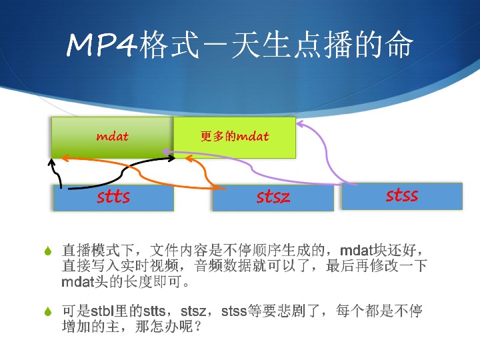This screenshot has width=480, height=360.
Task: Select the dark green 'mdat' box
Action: coord(113,137)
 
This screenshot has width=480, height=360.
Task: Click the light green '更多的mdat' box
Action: coord(235,137)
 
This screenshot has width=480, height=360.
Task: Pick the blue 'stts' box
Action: coord(113,198)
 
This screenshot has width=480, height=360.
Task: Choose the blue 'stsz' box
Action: coord(273,198)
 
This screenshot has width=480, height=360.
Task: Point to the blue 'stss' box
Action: coord(402,196)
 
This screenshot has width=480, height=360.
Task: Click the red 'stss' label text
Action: coord(402,195)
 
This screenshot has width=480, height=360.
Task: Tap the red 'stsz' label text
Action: coord(273,197)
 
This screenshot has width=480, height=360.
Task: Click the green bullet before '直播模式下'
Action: coord(48,251)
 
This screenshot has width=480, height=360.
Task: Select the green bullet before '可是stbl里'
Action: coord(48,311)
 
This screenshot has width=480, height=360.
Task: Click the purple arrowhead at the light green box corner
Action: coord(300,124)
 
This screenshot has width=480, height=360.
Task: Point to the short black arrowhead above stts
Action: coord(51,162)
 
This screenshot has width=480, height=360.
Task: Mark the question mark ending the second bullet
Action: coord(198,327)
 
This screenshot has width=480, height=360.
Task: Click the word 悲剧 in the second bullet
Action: coord(291,311)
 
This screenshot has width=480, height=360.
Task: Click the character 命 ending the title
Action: coord(398,45)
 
